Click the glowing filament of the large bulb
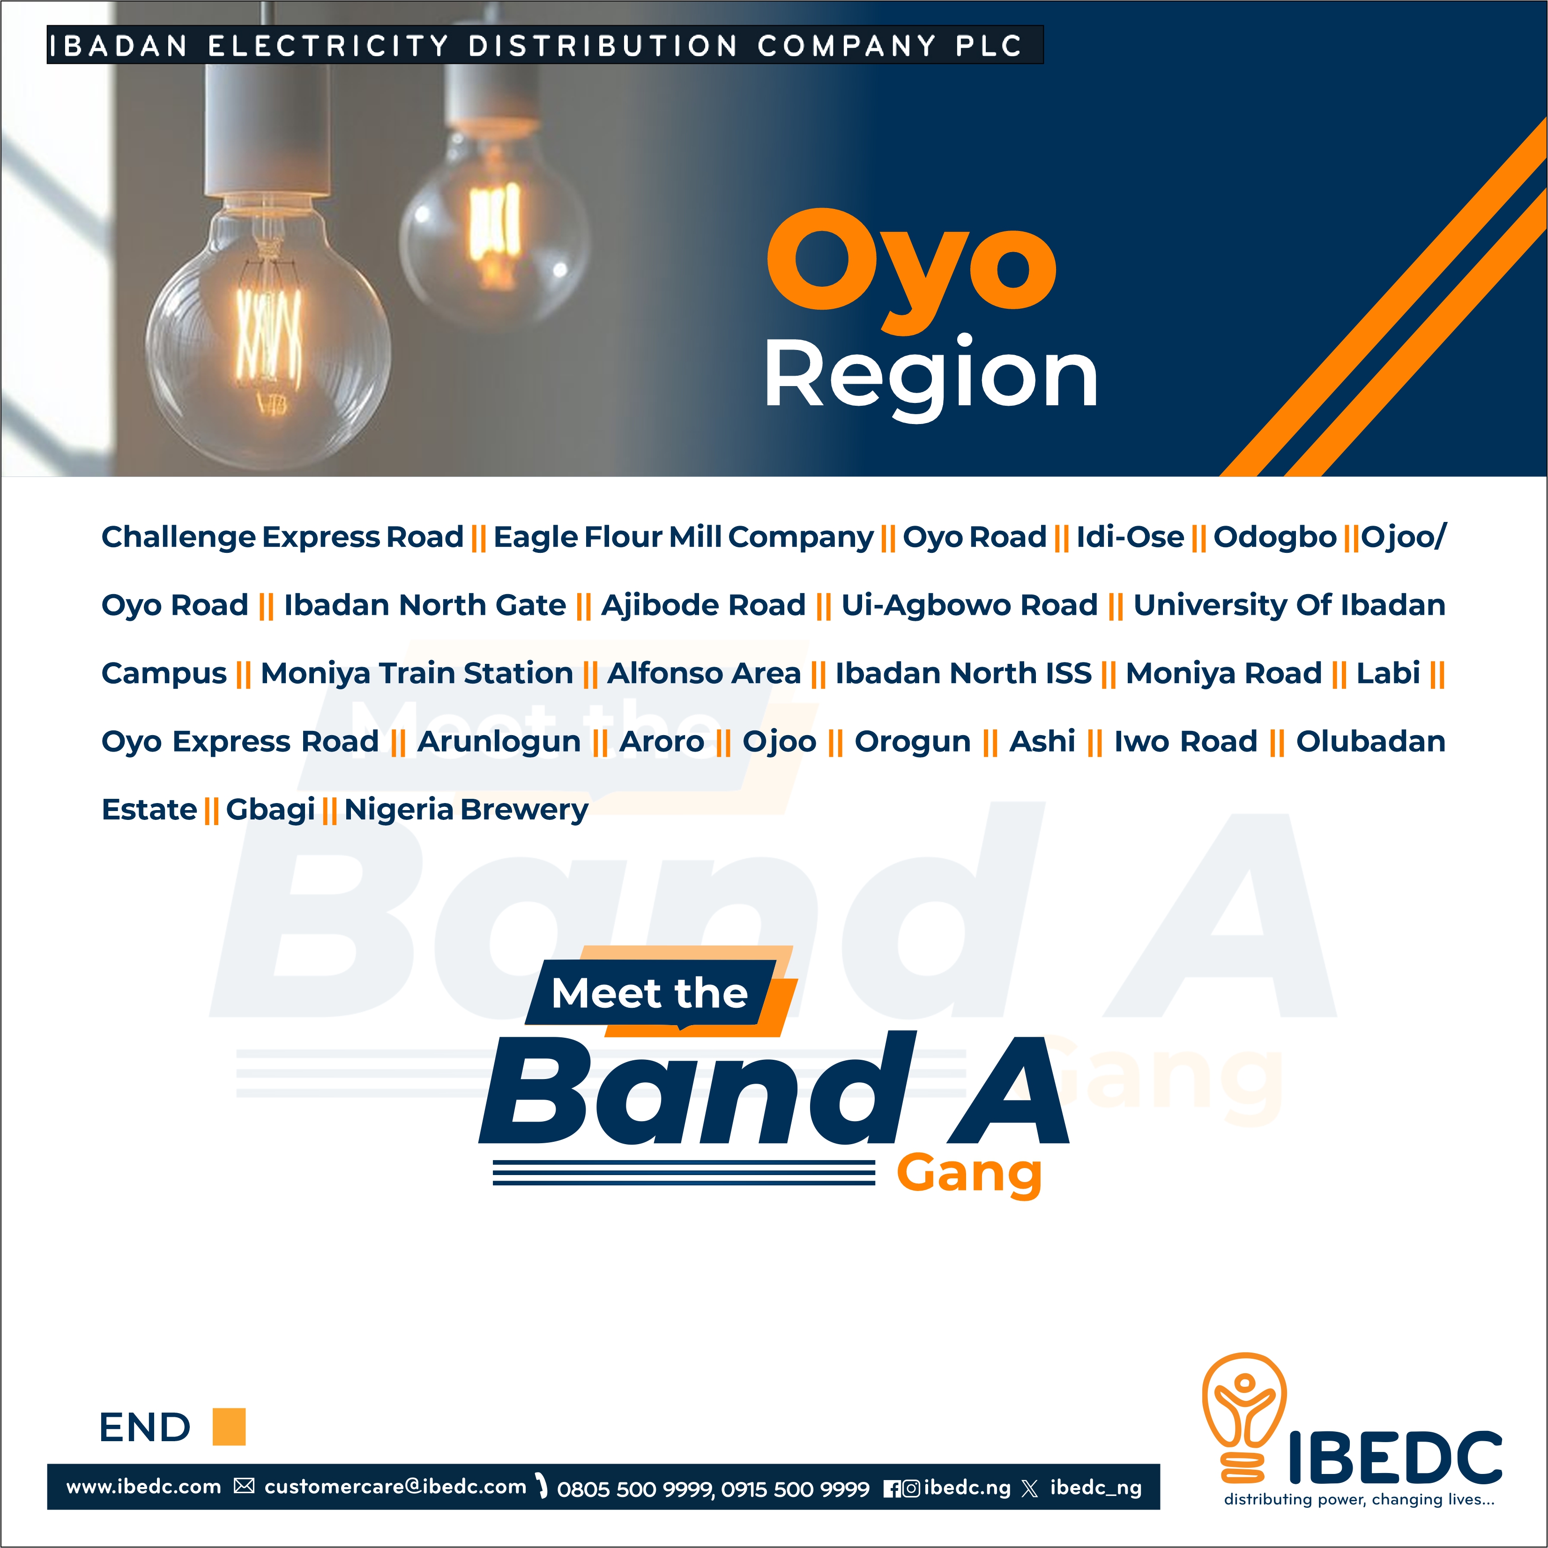pos(268,336)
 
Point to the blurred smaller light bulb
pos(493,232)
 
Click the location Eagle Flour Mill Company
pos(683,537)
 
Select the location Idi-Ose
pos(1129,537)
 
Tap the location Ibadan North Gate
pos(424,605)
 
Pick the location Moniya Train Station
pos(417,673)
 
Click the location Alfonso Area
pos(704,673)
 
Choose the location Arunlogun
pos(499,741)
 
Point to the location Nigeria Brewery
pos(466,809)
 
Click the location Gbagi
pos(270,809)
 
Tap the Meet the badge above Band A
pos(649,994)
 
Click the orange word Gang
pos(969,1174)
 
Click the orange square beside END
pos(229,1427)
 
